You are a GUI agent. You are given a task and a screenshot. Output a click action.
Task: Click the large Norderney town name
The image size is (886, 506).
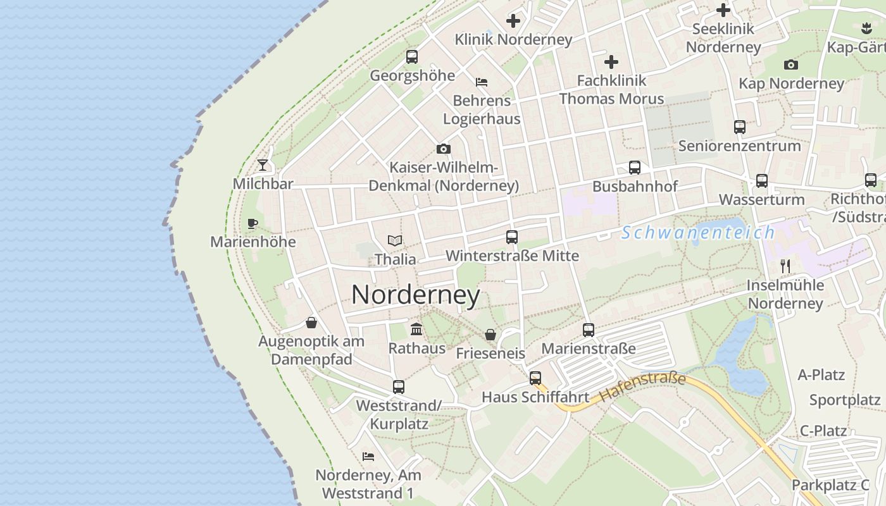(x=416, y=295)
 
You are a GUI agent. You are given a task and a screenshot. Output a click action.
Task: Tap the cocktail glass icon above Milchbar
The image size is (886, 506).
(x=263, y=165)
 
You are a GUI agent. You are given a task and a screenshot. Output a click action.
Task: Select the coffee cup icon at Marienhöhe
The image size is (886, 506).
(x=252, y=223)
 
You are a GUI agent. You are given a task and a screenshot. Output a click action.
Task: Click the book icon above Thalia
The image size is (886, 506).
(x=395, y=241)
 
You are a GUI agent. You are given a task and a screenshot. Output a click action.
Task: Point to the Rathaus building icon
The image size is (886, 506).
(x=416, y=329)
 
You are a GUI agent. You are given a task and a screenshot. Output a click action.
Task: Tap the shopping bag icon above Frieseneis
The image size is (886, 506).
(x=490, y=334)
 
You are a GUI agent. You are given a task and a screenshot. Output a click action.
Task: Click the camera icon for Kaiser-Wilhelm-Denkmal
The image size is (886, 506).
(x=444, y=149)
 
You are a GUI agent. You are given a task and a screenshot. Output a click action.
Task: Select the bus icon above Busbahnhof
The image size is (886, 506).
(x=635, y=168)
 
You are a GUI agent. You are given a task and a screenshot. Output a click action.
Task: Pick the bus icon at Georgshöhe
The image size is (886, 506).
(x=412, y=57)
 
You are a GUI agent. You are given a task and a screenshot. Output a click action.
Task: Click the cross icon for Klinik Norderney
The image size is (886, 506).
(x=513, y=21)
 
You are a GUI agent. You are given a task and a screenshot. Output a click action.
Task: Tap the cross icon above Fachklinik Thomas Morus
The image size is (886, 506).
(x=611, y=62)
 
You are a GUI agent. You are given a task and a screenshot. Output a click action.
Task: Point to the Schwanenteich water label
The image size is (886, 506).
(x=698, y=233)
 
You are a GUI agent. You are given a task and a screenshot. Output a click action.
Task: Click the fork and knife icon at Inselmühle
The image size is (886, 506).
(x=785, y=266)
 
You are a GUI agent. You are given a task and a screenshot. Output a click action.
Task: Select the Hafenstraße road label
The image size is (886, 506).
(x=642, y=387)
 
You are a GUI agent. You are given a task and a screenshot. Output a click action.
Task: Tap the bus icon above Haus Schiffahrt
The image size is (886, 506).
(x=535, y=378)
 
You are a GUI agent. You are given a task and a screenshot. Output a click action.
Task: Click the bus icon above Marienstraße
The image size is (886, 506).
(x=589, y=330)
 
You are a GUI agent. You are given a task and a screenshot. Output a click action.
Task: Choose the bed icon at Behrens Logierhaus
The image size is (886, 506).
(x=482, y=82)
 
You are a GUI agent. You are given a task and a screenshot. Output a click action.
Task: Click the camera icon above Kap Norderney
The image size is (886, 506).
(x=791, y=65)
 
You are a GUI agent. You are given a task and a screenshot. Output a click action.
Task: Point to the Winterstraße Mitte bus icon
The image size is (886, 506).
(x=512, y=237)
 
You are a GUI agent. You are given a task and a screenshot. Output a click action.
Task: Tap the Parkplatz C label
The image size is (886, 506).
(x=830, y=485)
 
